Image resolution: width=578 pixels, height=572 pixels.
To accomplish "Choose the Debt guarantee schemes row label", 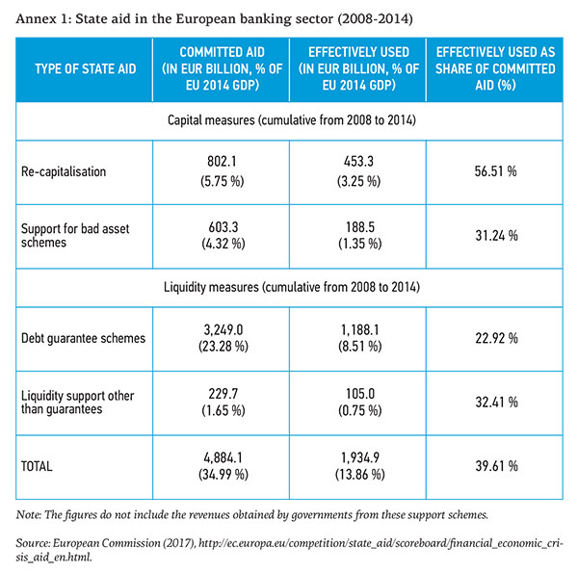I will [x=82, y=338].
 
